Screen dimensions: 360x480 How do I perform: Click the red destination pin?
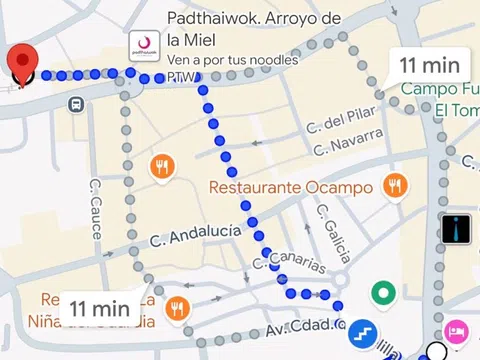[22, 63]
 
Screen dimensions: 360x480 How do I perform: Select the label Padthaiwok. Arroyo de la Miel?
[254, 29]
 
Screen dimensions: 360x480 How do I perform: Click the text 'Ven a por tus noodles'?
[233, 60]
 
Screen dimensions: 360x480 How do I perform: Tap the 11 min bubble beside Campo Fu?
[429, 65]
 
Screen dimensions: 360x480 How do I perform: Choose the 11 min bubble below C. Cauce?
[101, 308]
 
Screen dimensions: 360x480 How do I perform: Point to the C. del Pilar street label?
[341, 122]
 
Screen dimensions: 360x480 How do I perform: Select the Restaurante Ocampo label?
[291, 187]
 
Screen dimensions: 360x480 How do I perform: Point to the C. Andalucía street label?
[195, 236]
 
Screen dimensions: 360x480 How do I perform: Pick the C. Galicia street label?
[331, 233]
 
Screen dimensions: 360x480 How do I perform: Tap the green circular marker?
[382, 294]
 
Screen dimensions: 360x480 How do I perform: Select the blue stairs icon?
[362, 333]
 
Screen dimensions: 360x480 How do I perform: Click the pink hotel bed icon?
[456, 331]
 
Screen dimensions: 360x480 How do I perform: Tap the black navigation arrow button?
[457, 229]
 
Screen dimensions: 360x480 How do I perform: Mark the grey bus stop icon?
[76, 104]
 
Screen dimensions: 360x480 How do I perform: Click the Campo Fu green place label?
[441, 89]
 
